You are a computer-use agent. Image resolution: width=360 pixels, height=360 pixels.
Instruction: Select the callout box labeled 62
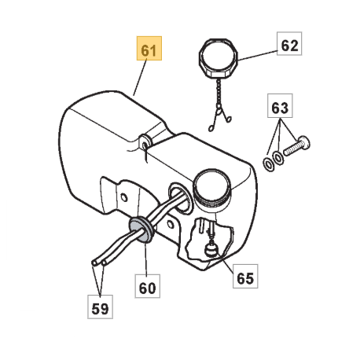click(289, 43)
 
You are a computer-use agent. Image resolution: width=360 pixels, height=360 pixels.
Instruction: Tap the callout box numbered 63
click(280, 105)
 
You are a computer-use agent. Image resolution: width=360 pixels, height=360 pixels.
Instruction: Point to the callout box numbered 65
click(245, 276)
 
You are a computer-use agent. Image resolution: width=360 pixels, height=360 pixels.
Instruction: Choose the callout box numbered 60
click(147, 286)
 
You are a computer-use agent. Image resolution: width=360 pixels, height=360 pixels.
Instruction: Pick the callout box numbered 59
click(100, 307)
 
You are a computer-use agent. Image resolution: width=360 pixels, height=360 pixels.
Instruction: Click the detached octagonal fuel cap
click(219, 58)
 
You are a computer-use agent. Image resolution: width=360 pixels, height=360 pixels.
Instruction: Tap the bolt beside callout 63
click(297, 146)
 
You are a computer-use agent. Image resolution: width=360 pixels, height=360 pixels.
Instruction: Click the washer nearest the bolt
click(278, 158)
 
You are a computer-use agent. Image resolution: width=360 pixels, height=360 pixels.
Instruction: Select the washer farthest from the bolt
click(268, 164)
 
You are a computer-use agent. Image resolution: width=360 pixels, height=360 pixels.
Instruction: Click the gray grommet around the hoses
click(141, 230)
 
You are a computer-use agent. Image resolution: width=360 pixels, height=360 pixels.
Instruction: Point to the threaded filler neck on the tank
click(211, 187)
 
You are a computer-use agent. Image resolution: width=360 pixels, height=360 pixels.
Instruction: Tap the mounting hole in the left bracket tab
click(124, 197)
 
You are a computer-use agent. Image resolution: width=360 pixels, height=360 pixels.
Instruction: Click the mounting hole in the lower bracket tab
click(171, 225)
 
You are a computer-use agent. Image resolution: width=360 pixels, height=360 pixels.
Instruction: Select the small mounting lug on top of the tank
click(145, 141)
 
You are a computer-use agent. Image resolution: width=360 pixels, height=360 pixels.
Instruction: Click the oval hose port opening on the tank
click(180, 197)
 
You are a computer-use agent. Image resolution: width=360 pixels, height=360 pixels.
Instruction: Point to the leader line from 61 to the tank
click(140, 78)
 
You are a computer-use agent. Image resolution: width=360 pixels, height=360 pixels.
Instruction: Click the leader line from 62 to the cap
click(257, 56)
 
